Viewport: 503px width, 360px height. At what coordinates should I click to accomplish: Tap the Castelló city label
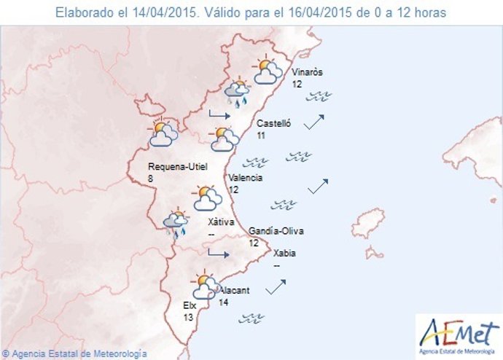[274, 124]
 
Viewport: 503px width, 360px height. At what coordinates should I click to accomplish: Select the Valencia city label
[245, 178]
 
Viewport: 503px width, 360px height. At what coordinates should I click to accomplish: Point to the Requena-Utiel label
[177, 166]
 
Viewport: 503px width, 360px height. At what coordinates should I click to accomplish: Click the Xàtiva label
[220, 222]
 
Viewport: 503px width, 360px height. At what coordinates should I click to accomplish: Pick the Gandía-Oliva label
[276, 231]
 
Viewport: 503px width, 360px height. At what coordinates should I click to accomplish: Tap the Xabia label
[284, 254]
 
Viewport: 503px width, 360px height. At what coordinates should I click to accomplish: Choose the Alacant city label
[234, 290]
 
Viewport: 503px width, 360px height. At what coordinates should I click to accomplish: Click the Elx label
[190, 306]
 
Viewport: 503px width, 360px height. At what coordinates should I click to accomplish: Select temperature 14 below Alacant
[223, 302]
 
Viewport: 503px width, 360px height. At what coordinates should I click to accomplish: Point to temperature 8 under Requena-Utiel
[150, 178]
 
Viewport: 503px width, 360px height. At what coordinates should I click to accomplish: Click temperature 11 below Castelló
[262, 136]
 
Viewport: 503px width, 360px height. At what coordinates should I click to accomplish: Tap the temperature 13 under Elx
[188, 318]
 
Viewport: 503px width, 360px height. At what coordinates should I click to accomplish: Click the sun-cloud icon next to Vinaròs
[267, 71]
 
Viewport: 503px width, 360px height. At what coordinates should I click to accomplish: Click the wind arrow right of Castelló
[313, 122]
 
